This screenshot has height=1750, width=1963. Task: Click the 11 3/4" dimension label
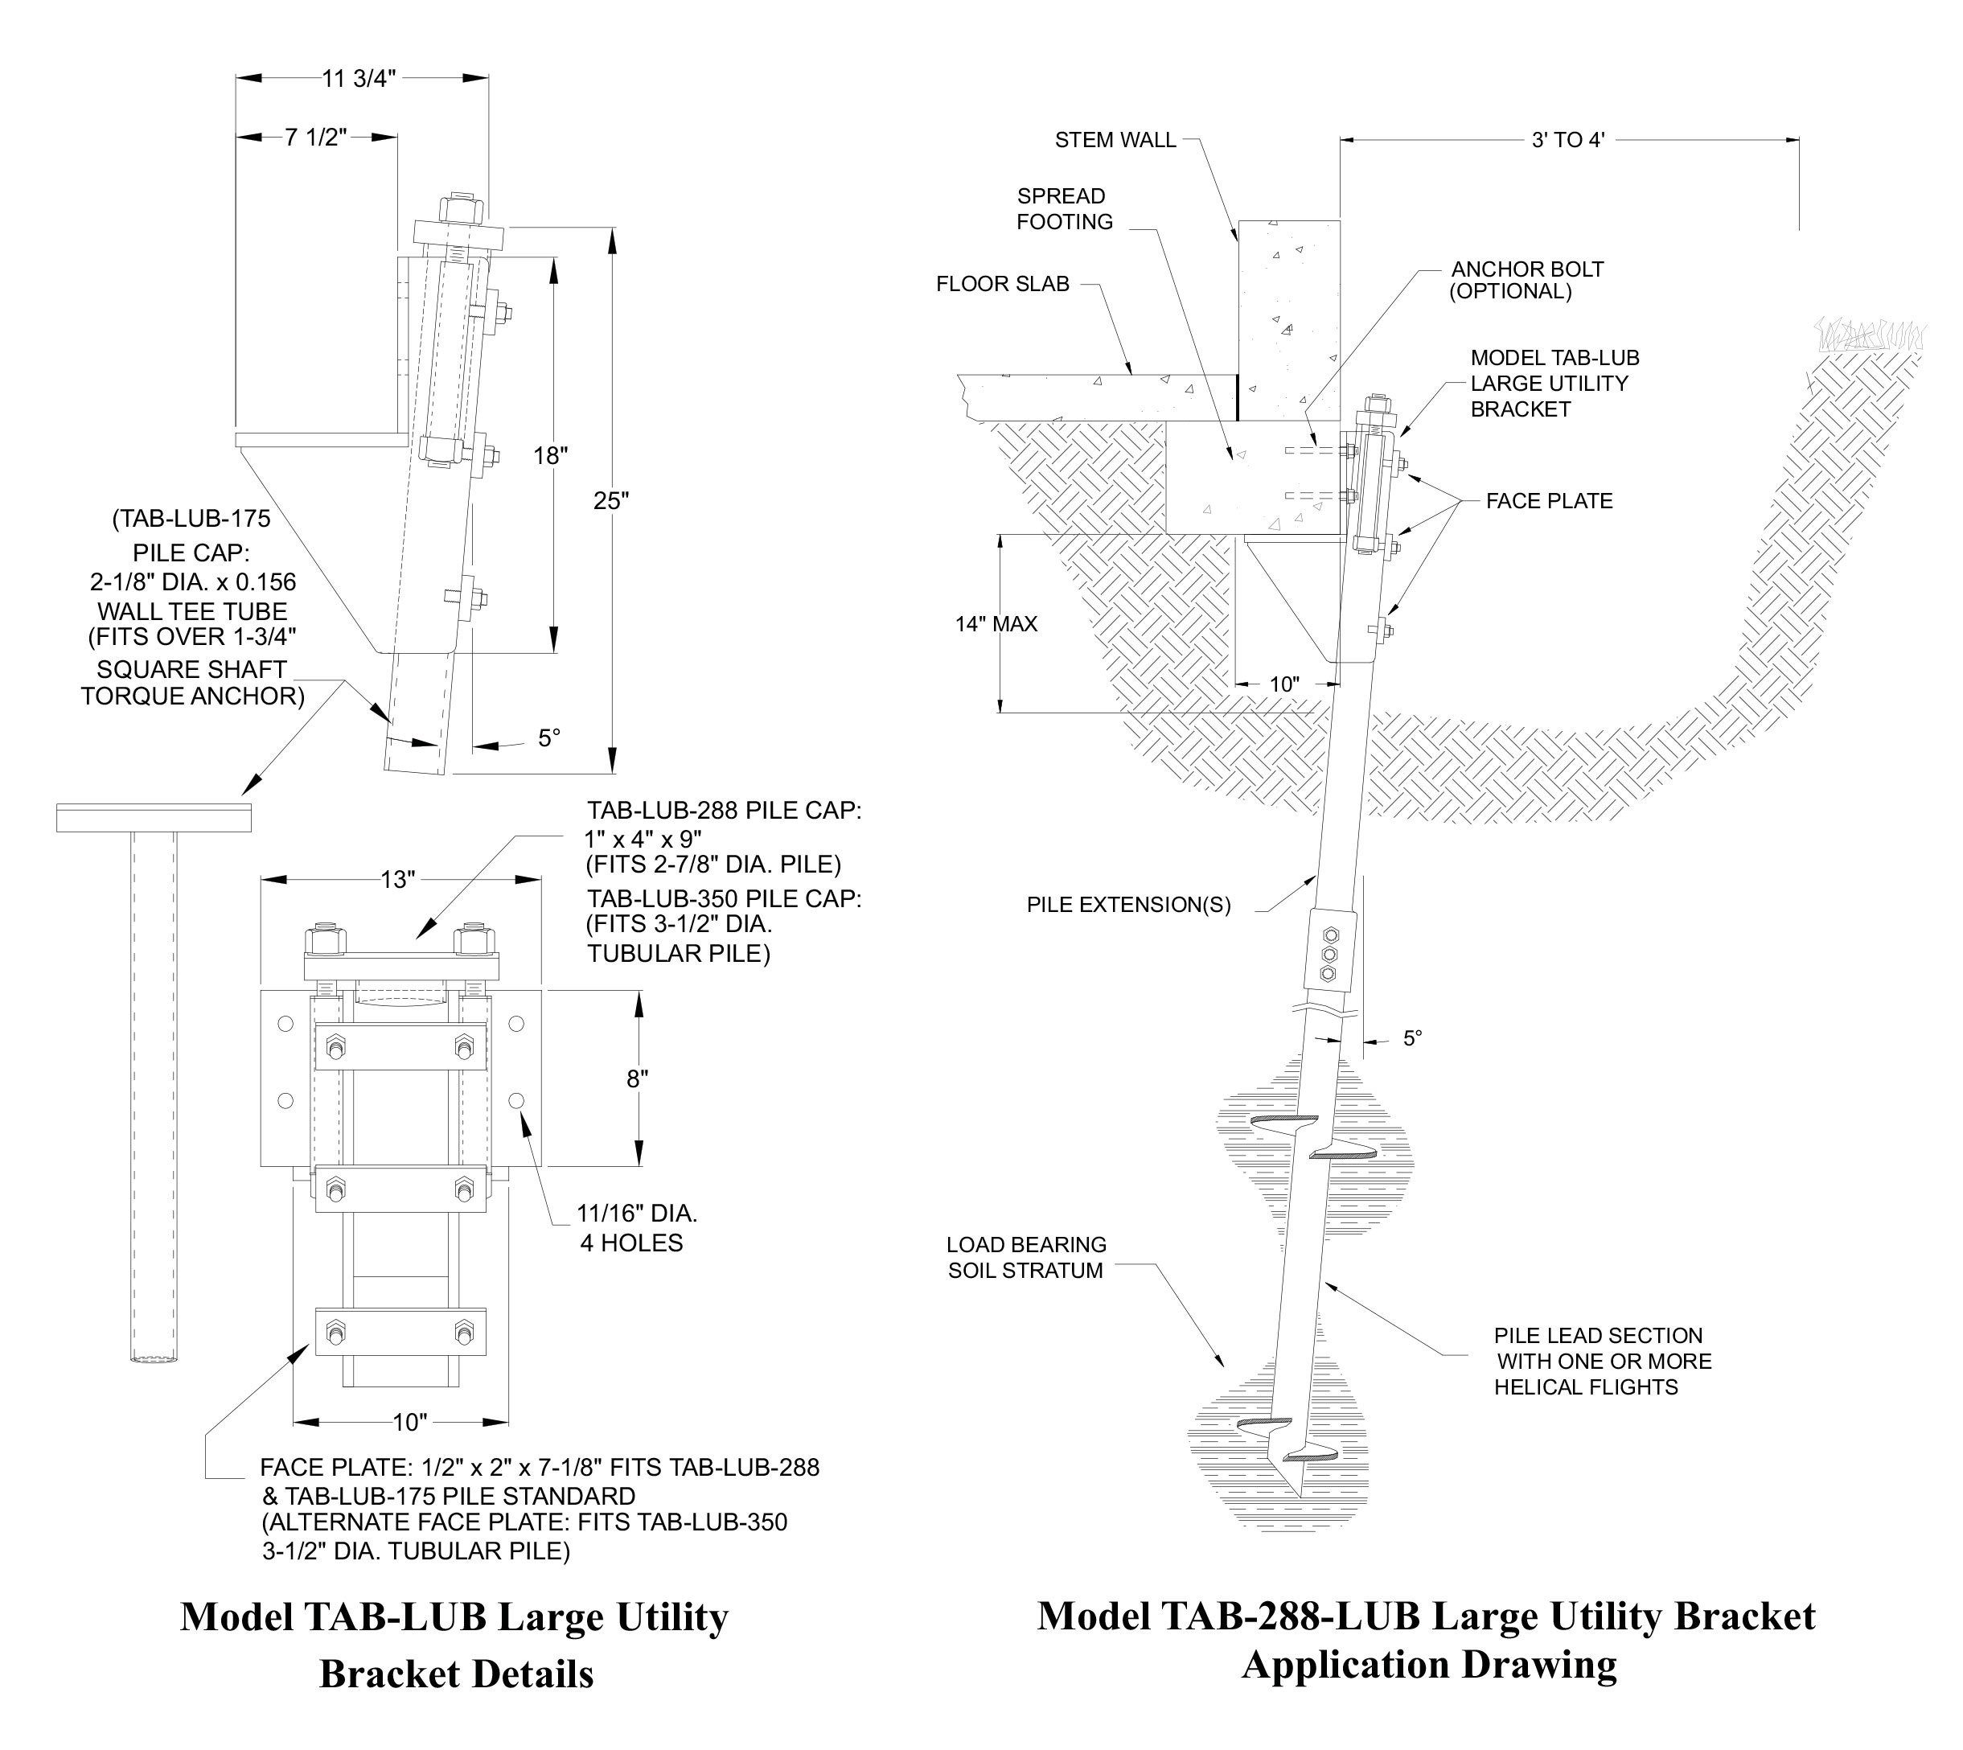[x=359, y=79]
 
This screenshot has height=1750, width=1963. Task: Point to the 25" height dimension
[x=610, y=501]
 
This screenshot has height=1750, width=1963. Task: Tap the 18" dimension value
[x=551, y=456]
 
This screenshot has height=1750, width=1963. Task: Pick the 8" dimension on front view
[x=638, y=1078]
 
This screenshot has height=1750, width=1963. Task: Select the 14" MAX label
[x=996, y=624]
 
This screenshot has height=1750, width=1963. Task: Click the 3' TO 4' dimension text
[x=1568, y=141]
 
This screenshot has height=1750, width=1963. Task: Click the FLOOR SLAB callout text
[x=1003, y=284]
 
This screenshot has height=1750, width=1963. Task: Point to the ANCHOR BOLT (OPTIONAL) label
[x=1526, y=280]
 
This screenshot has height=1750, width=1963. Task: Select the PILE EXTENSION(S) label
[x=1128, y=905]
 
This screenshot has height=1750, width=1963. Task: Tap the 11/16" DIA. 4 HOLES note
[x=635, y=1228]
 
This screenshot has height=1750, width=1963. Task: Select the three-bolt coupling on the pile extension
[x=1329, y=954]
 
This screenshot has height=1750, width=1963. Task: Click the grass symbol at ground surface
[x=1870, y=334]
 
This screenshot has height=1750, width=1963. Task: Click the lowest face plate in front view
[x=400, y=1333]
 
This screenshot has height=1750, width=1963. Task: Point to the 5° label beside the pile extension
[x=1412, y=1038]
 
